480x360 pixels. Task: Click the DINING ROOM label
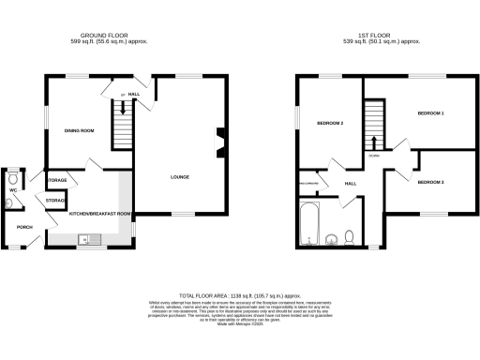(x=79, y=130)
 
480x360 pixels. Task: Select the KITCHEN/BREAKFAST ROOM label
(x=100, y=214)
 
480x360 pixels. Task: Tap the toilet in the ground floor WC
(x=13, y=178)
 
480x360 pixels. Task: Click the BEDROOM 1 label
(x=429, y=113)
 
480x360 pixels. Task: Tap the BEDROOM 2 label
(x=330, y=124)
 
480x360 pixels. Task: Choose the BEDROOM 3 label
(x=429, y=181)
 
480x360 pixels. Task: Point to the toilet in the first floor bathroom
(x=349, y=235)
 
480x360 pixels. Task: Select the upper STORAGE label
(x=57, y=179)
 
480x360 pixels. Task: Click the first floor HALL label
(x=352, y=184)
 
